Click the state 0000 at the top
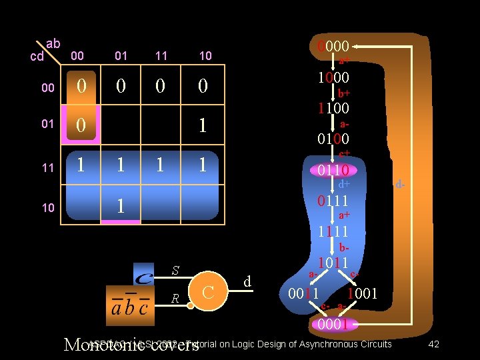click(x=333, y=47)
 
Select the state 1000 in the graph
click(x=333, y=77)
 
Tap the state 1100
click(x=333, y=107)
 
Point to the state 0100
click(x=333, y=139)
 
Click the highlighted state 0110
click(x=333, y=171)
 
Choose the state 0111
click(x=333, y=201)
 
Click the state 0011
click(x=303, y=293)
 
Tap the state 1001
click(x=362, y=293)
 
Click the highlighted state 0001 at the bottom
click(x=333, y=325)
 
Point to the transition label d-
click(x=399, y=183)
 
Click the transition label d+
click(x=344, y=183)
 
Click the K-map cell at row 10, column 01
click(x=121, y=205)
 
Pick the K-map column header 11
click(x=161, y=56)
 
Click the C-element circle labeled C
click(x=207, y=292)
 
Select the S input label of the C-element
click(x=175, y=271)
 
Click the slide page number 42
click(x=433, y=344)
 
